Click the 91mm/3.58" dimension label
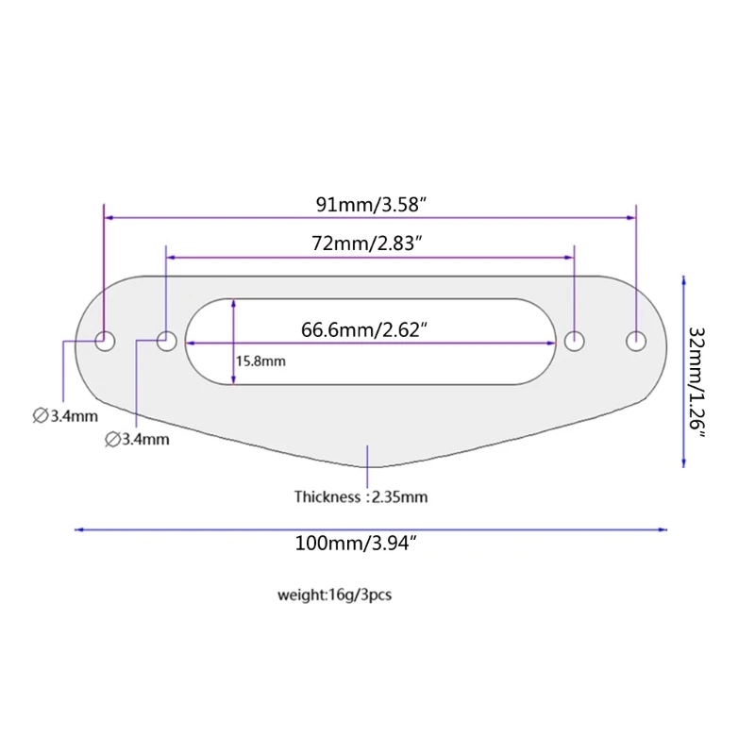(x=371, y=205)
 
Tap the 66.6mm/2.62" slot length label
(x=364, y=329)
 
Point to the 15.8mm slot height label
(x=260, y=361)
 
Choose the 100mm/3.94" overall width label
(x=356, y=544)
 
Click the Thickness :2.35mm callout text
(x=361, y=496)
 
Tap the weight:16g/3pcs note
(x=335, y=595)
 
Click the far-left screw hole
(x=105, y=342)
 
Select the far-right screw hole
(x=636, y=341)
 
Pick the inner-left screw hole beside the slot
(x=167, y=341)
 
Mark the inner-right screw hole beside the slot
(x=575, y=341)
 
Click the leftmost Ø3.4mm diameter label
(x=65, y=415)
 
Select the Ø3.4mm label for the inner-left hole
(x=137, y=439)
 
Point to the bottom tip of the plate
(x=372, y=466)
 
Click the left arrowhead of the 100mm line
(x=78, y=529)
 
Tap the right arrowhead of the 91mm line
(x=631, y=218)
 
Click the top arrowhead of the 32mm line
(x=683, y=280)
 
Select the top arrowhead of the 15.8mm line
(x=233, y=303)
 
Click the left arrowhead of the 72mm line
(x=171, y=258)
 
